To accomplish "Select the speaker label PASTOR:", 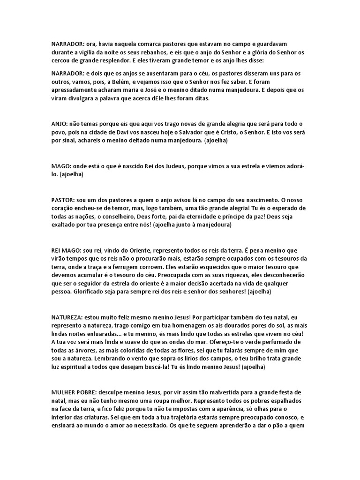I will click(62, 200).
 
